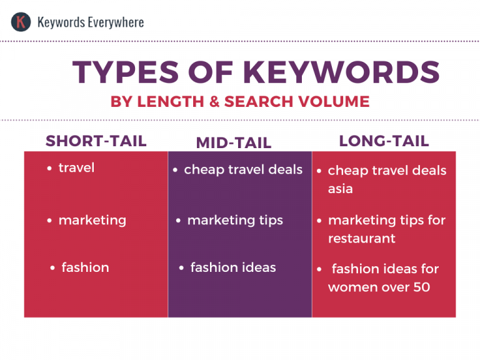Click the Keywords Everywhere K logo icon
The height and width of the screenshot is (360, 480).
[21, 22]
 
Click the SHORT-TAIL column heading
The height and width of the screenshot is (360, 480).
[96, 141]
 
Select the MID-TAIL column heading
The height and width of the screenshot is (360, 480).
[234, 143]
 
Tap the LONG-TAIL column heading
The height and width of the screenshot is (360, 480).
[384, 141]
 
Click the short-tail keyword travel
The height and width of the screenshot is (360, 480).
[76, 167]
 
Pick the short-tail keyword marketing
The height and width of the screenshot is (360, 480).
[92, 221]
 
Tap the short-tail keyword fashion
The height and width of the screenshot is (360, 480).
[85, 267]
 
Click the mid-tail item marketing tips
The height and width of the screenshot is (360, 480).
[235, 221]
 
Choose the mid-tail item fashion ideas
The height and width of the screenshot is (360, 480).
[233, 267]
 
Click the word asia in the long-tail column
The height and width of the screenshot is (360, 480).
[341, 189]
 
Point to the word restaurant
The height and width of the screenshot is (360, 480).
[361, 239]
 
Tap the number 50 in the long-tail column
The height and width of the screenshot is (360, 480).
[421, 288]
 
